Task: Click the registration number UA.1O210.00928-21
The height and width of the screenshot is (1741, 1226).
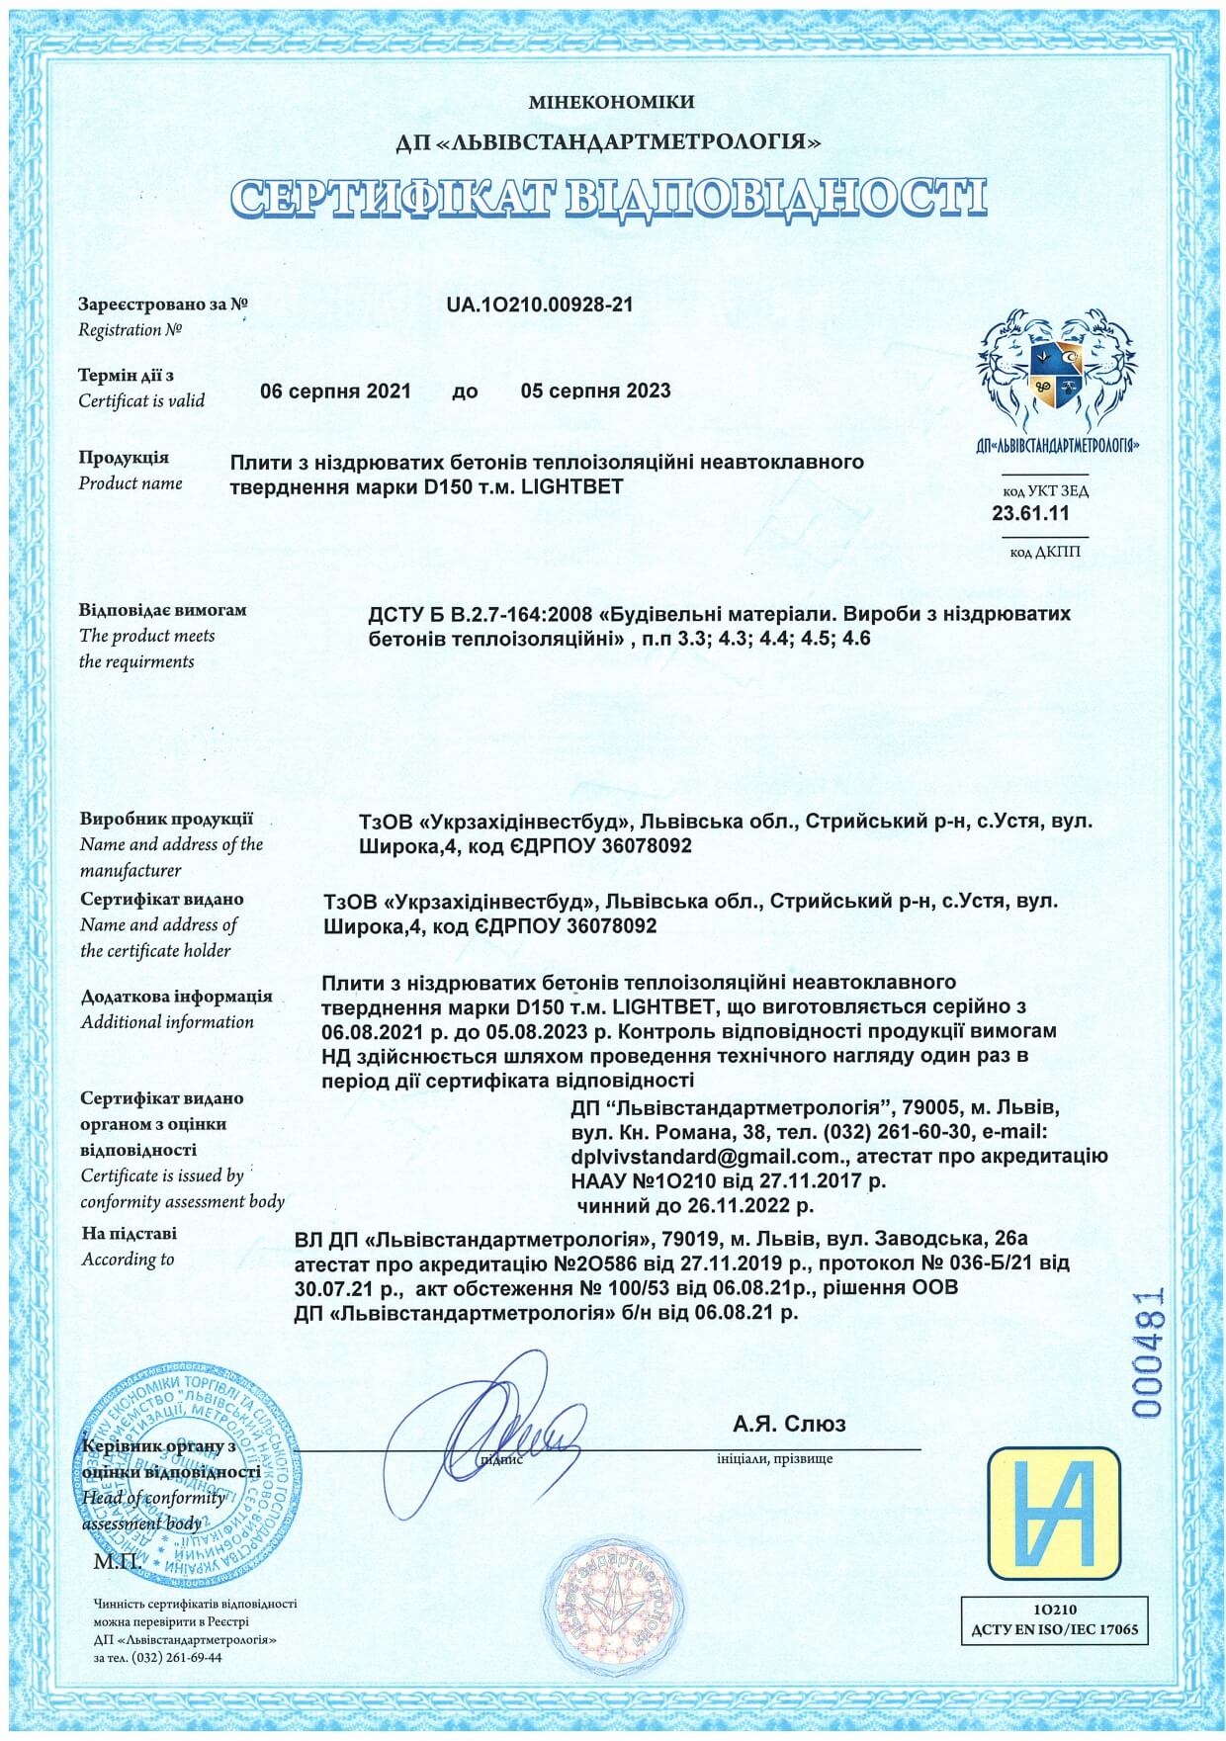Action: (540, 305)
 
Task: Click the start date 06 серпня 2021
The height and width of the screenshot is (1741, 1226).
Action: (335, 392)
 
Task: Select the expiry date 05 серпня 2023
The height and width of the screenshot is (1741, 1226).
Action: (595, 392)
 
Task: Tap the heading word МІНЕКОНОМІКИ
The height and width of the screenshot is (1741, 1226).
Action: (611, 102)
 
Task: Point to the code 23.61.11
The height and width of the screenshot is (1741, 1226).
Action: (1030, 514)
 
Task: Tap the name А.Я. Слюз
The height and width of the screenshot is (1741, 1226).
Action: (789, 1424)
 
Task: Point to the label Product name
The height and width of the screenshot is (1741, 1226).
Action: (131, 483)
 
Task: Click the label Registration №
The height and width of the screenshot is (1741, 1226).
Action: (131, 330)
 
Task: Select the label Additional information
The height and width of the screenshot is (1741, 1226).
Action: (167, 1022)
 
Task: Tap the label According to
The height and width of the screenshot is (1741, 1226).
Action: (128, 1260)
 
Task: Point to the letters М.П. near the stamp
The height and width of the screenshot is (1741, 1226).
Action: (117, 1562)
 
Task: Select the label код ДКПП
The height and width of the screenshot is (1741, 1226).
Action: (1045, 552)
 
